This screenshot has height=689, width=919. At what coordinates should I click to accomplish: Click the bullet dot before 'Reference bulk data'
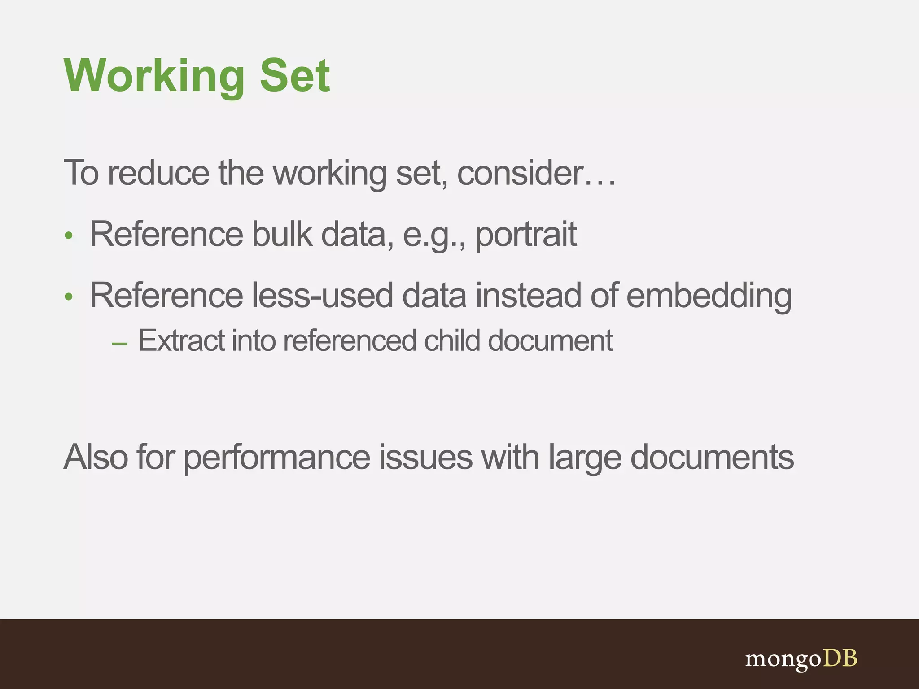(68, 235)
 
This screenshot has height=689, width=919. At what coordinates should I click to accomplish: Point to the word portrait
(526, 235)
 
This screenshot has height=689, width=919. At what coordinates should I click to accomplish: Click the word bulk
(282, 234)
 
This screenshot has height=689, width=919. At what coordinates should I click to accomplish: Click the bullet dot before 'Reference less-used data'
(68, 297)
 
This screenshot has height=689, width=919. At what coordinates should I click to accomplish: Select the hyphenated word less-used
(322, 296)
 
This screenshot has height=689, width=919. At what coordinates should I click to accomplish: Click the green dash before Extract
(119, 344)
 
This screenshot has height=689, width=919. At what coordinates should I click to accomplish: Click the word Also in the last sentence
(96, 457)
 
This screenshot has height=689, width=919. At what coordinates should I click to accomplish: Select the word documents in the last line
(712, 457)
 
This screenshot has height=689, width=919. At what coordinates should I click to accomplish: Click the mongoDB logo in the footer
(801, 659)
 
